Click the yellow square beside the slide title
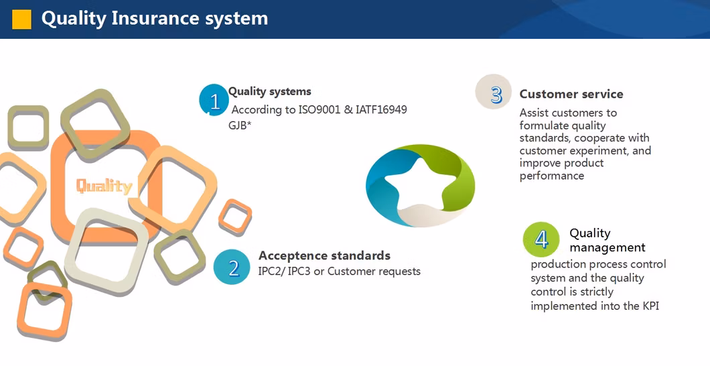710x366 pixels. [x=21, y=19]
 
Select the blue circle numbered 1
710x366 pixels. [x=214, y=101]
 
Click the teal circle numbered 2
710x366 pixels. [x=232, y=268]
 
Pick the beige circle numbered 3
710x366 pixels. [x=494, y=93]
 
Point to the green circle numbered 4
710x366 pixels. [x=541, y=239]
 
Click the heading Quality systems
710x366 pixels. [x=270, y=91]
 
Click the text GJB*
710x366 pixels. [x=239, y=125]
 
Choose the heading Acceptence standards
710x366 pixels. [x=324, y=255]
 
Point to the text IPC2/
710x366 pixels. [x=271, y=271]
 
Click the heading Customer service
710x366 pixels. [x=571, y=94]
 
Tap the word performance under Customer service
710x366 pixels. [x=551, y=176]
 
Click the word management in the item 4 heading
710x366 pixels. [x=608, y=247]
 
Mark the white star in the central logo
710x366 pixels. [x=420, y=182]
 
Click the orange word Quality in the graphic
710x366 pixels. [x=104, y=186]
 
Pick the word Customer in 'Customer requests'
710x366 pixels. [x=351, y=271]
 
